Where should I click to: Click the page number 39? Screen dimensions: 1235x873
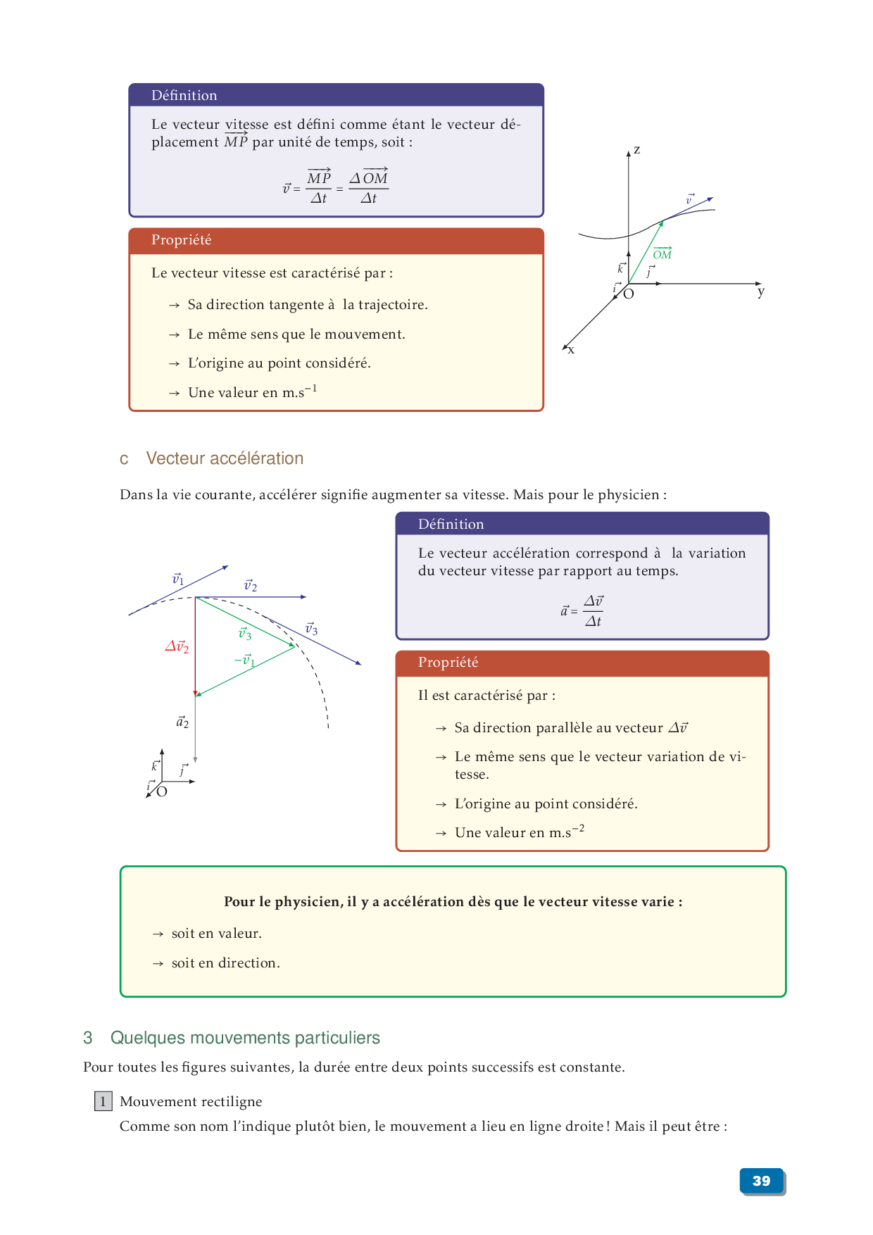point(761,1181)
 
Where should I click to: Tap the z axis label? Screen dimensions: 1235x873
point(636,150)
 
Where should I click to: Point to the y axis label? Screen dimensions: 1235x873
point(760,291)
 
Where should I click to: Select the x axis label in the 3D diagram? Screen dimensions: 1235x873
point(571,350)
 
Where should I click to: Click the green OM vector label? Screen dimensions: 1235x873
point(662,254)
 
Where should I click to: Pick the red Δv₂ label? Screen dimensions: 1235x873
point(177,646)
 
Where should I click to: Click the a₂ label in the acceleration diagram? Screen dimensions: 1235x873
point(182,722)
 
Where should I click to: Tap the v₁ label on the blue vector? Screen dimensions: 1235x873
point(178,579)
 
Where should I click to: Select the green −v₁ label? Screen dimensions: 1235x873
point(244,660)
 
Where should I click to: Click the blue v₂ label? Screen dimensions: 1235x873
point(250,585)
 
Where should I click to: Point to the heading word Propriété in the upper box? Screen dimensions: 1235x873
point(181,240)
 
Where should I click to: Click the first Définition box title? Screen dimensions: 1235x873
point(184,95)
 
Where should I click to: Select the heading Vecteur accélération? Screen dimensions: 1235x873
point(225,458)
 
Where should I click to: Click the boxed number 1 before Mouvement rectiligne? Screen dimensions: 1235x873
point(103,1101)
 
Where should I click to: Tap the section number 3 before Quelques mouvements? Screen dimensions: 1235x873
point(88,1038)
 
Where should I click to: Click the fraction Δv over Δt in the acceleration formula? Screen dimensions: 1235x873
point(593,610)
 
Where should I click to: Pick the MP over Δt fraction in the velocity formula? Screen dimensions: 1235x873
point(318,187)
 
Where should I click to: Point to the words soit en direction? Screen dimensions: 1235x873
point(225,963)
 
